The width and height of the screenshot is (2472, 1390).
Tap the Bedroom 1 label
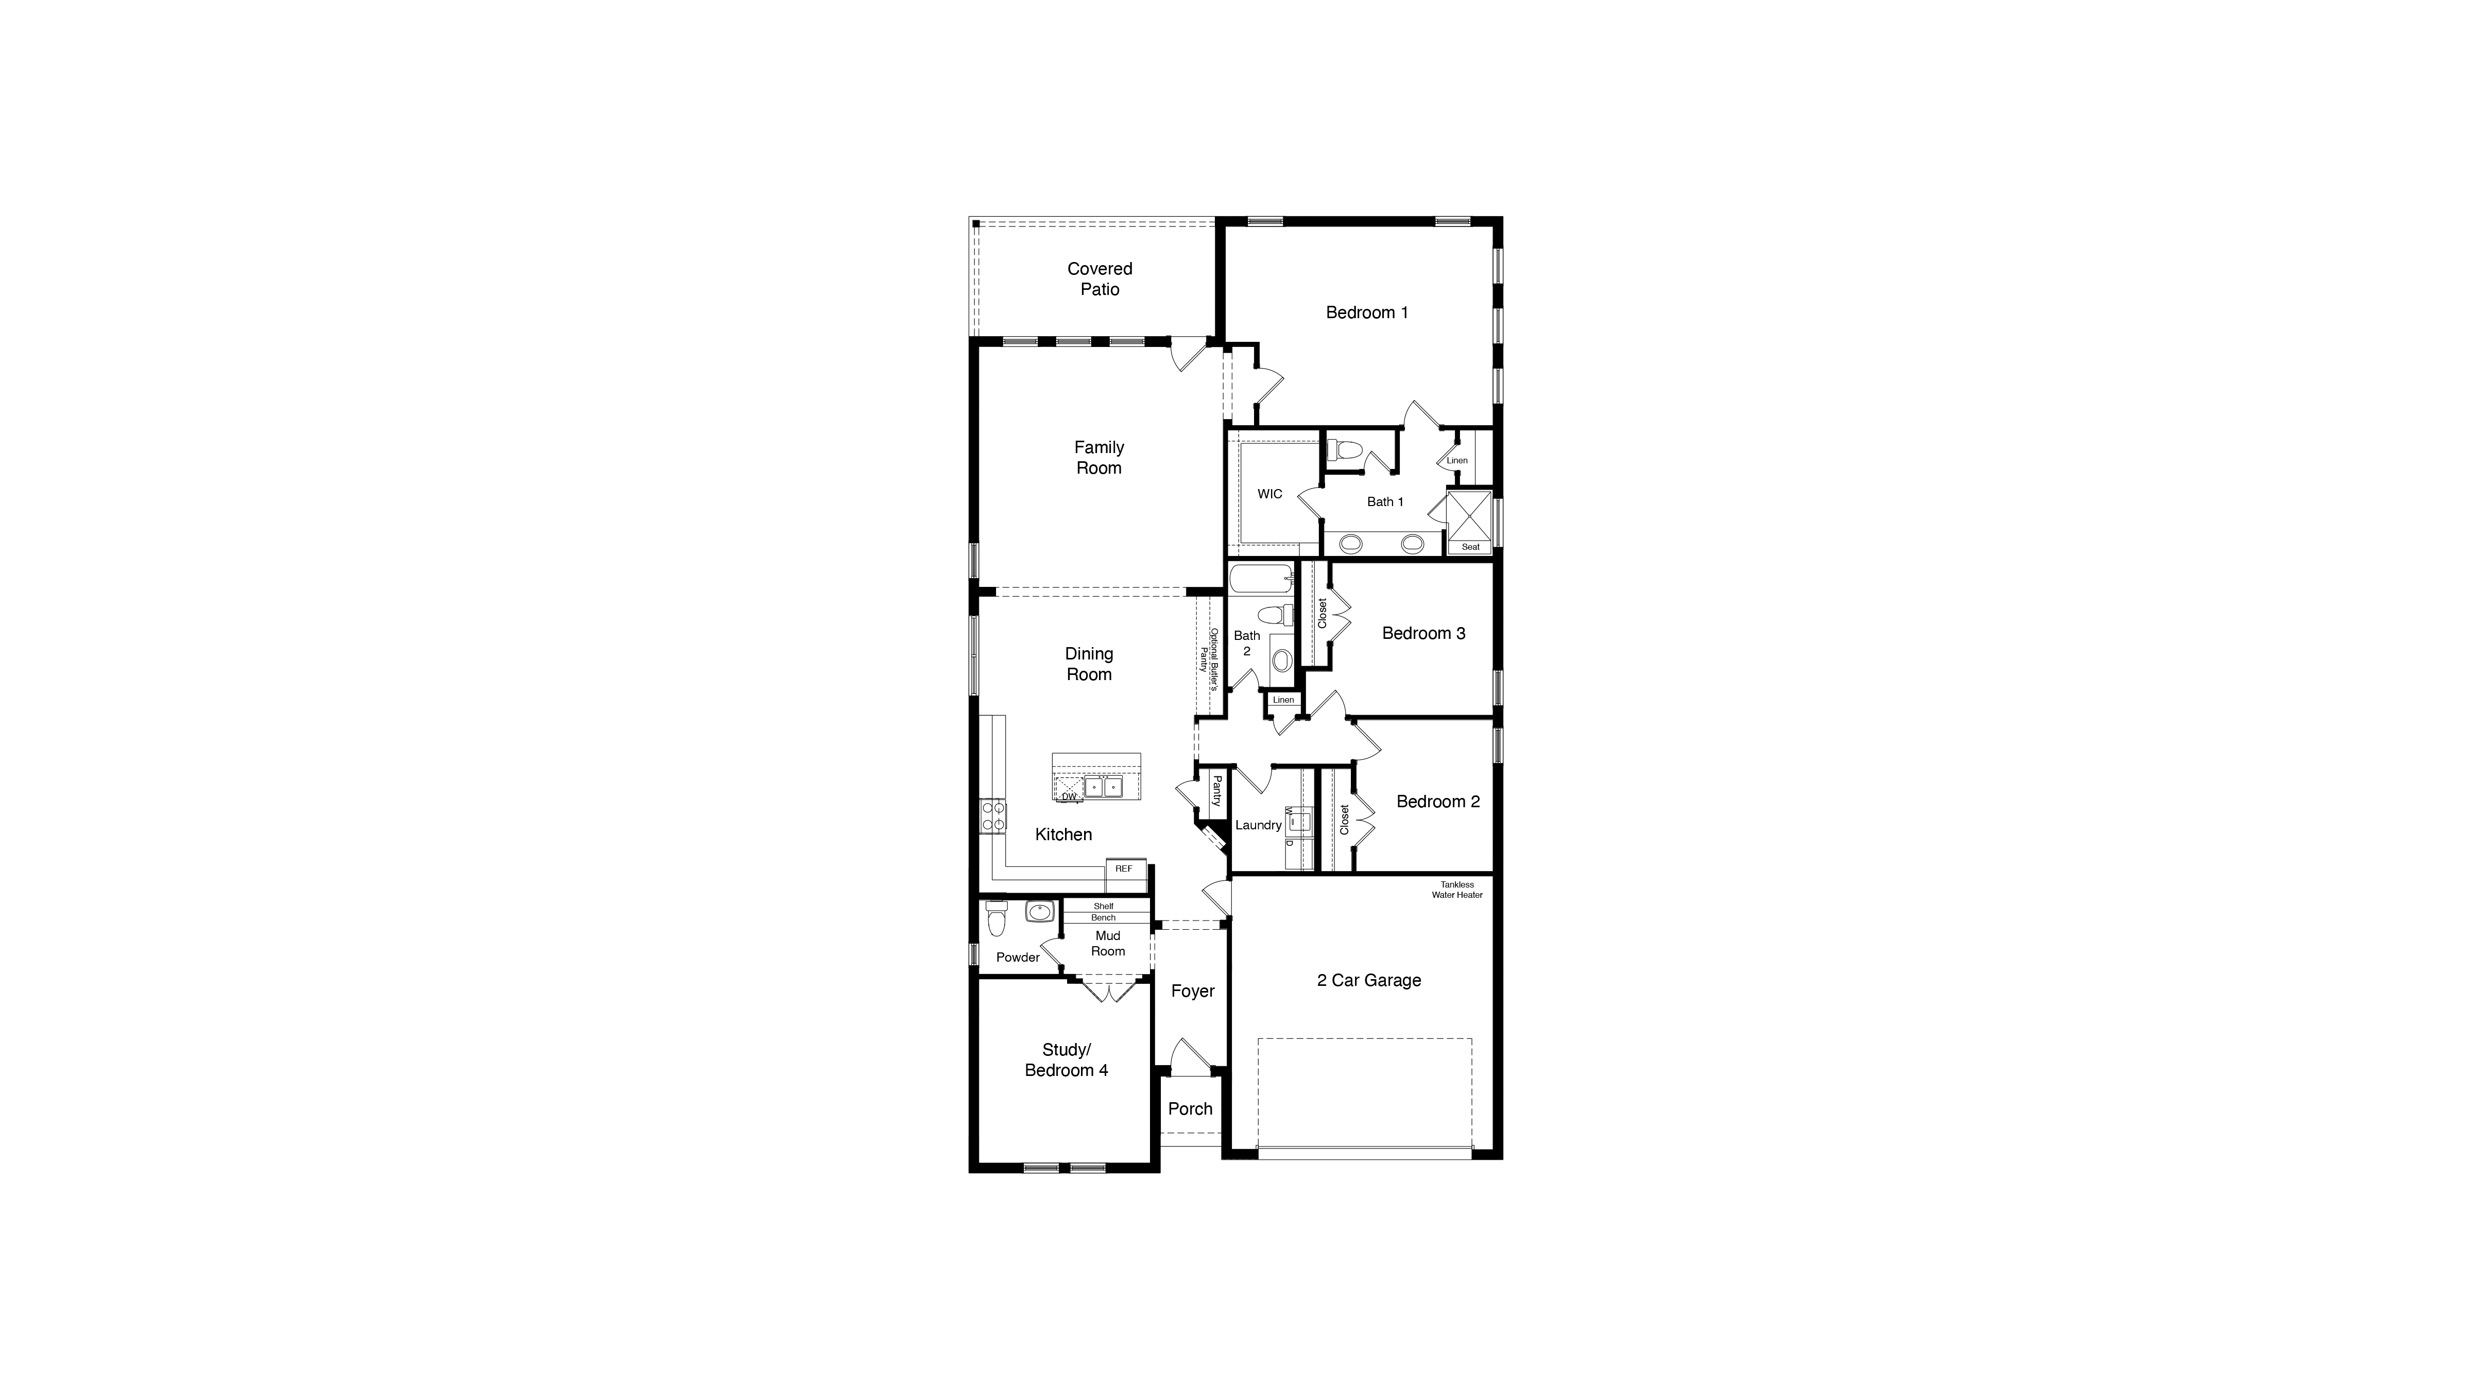pos(1366,312)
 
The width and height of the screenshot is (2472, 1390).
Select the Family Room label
pos(1099,458)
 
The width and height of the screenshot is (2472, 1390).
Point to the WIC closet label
pos(1269,494)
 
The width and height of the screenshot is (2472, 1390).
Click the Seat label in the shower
pos(1470,547)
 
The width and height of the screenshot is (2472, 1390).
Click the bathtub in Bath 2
pos(1261,579)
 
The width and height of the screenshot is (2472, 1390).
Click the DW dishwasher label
pos(1068,796)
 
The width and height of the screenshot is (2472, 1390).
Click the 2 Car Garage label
pos(1368,980)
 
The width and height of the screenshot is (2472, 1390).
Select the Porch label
pos(1190,1109)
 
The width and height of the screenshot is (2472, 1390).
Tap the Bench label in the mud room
pos(1104,918)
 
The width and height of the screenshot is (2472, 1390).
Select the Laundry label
pos(1258,825)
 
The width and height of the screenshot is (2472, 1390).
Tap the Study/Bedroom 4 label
pos(1066,1060)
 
